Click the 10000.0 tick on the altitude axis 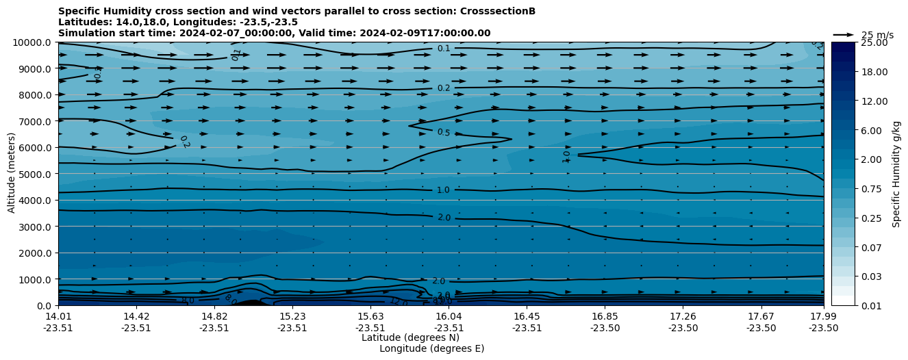pos(32,42)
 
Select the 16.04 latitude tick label pos(449,316)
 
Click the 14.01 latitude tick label pos(59,316)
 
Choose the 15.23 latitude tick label pos(292,316)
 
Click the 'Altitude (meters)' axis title pos(12,174)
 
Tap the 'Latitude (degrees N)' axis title pos(410,337)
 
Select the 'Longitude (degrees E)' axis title pos(431,348)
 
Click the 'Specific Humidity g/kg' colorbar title pos(897,174)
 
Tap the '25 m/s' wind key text pos(877,35)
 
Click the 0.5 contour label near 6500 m pos(444,132)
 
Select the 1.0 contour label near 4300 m pos(444,190)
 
